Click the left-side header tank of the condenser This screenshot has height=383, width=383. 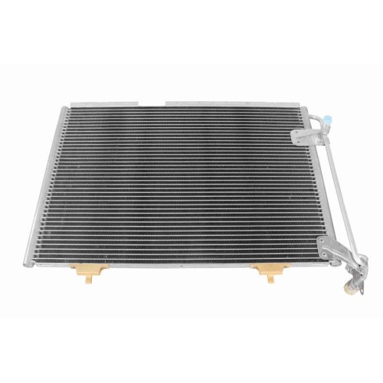(x=47, y=191)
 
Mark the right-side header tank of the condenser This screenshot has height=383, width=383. (x=310, y=191)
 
